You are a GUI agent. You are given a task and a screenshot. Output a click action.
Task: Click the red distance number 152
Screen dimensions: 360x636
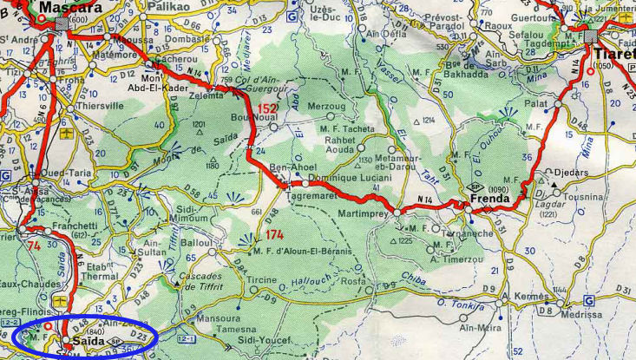coord(267,108)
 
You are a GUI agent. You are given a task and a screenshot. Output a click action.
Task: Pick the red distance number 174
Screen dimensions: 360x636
coord(274,235)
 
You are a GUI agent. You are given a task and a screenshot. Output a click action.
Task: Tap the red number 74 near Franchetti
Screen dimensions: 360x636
coord(34,245)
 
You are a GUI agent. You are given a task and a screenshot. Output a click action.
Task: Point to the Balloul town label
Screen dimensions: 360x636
coord(198,245)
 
